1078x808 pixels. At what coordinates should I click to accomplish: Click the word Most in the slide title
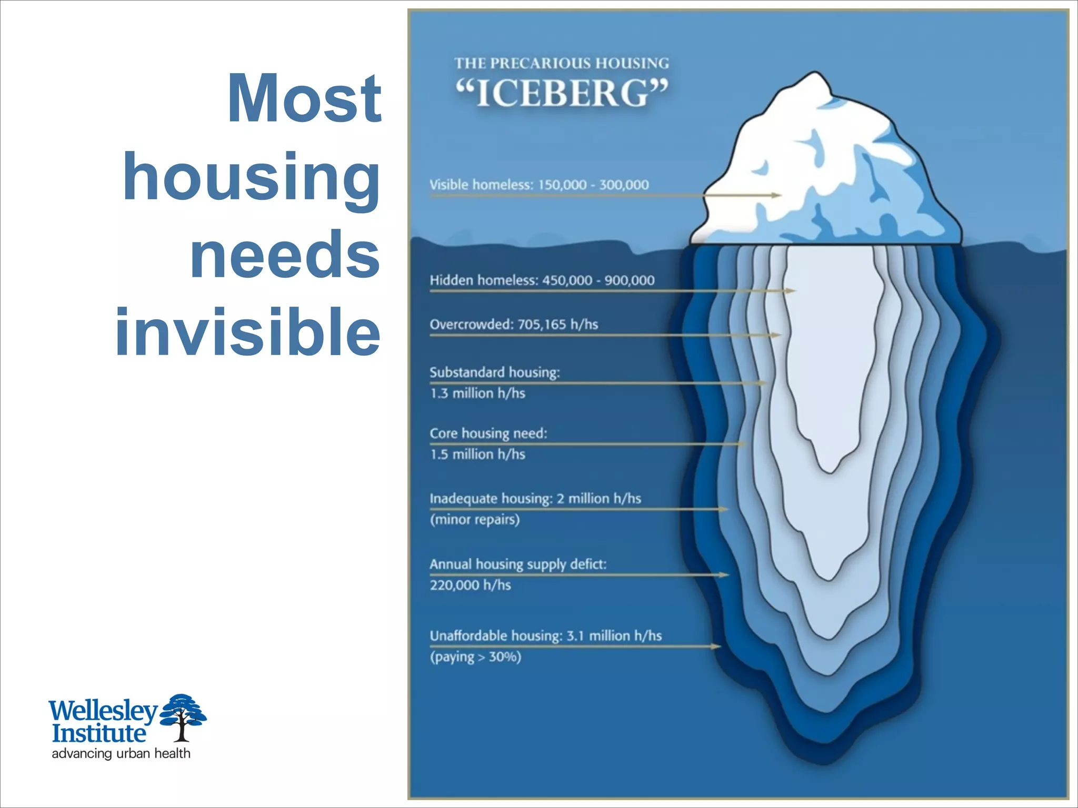(304, 98)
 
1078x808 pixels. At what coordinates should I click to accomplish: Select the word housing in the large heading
(252, 177)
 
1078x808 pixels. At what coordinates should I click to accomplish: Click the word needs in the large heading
(285, 255)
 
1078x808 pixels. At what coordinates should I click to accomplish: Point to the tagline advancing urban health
(121, 753)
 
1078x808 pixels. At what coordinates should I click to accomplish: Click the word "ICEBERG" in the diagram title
(562, 93)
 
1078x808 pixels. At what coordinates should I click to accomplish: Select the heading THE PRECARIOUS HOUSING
(562, 64)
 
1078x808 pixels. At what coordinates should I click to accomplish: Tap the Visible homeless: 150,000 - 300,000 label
(539, 185)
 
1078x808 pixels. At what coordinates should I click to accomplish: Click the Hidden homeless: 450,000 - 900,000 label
(542, 280)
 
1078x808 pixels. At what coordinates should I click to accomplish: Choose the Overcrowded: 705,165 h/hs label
(514, 324)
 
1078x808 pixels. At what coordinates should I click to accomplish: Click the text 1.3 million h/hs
(477, 393)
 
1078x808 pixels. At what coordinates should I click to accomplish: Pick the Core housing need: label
(488, 433)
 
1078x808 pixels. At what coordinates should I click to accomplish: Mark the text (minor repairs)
(475, 520)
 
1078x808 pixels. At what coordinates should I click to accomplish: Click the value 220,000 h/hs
(470, 585)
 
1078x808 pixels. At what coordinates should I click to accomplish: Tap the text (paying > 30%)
(475, 657)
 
